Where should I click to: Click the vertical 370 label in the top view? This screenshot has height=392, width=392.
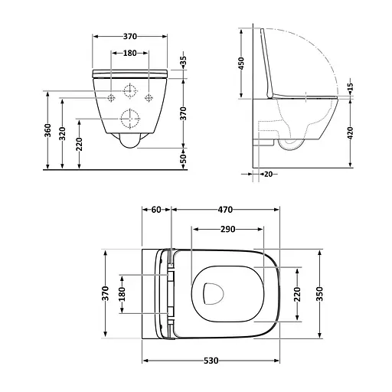point(106,293)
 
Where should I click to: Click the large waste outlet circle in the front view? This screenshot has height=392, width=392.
point(128,119)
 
